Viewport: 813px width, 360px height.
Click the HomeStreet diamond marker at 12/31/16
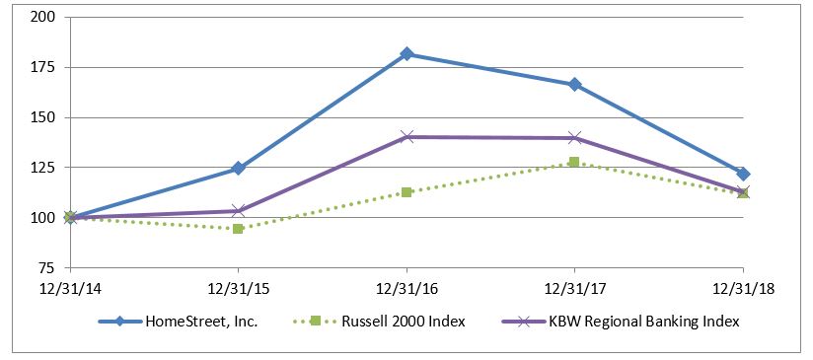(406, 54)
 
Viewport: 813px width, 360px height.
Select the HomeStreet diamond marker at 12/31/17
(574, 85)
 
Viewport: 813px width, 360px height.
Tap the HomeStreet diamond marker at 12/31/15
(238, 168)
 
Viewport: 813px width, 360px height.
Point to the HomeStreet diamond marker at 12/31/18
(743, 174)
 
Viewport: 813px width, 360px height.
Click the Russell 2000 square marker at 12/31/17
(574, 162)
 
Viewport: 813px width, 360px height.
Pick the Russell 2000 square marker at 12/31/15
(238, 229)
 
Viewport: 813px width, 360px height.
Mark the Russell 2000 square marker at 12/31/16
(406, 192)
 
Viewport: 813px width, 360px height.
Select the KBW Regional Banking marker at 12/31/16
(406, 137)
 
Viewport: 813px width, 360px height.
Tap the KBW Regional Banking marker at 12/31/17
(574, 138)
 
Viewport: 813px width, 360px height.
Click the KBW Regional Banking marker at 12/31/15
(238, 211)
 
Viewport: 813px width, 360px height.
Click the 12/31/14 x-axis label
(70, 289)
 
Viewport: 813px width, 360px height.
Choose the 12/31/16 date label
(406, 289)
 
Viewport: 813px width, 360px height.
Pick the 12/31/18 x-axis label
(743, 289)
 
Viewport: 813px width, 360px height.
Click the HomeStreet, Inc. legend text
(201, 322)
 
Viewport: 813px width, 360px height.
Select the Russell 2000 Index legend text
(404, 322)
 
